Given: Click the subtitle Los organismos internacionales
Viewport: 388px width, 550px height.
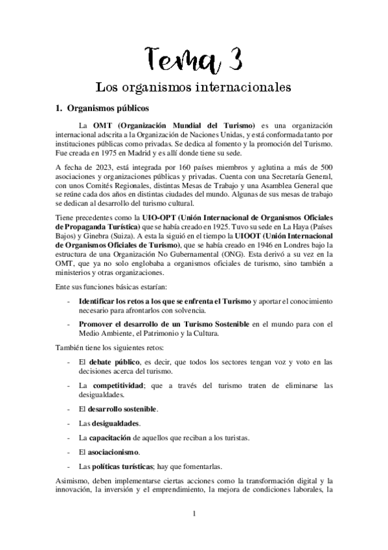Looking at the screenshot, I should tap(193, 86).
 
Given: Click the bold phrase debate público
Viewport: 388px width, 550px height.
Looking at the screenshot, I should tap(109, 361).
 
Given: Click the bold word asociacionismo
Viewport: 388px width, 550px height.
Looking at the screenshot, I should tap(113, 451).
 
